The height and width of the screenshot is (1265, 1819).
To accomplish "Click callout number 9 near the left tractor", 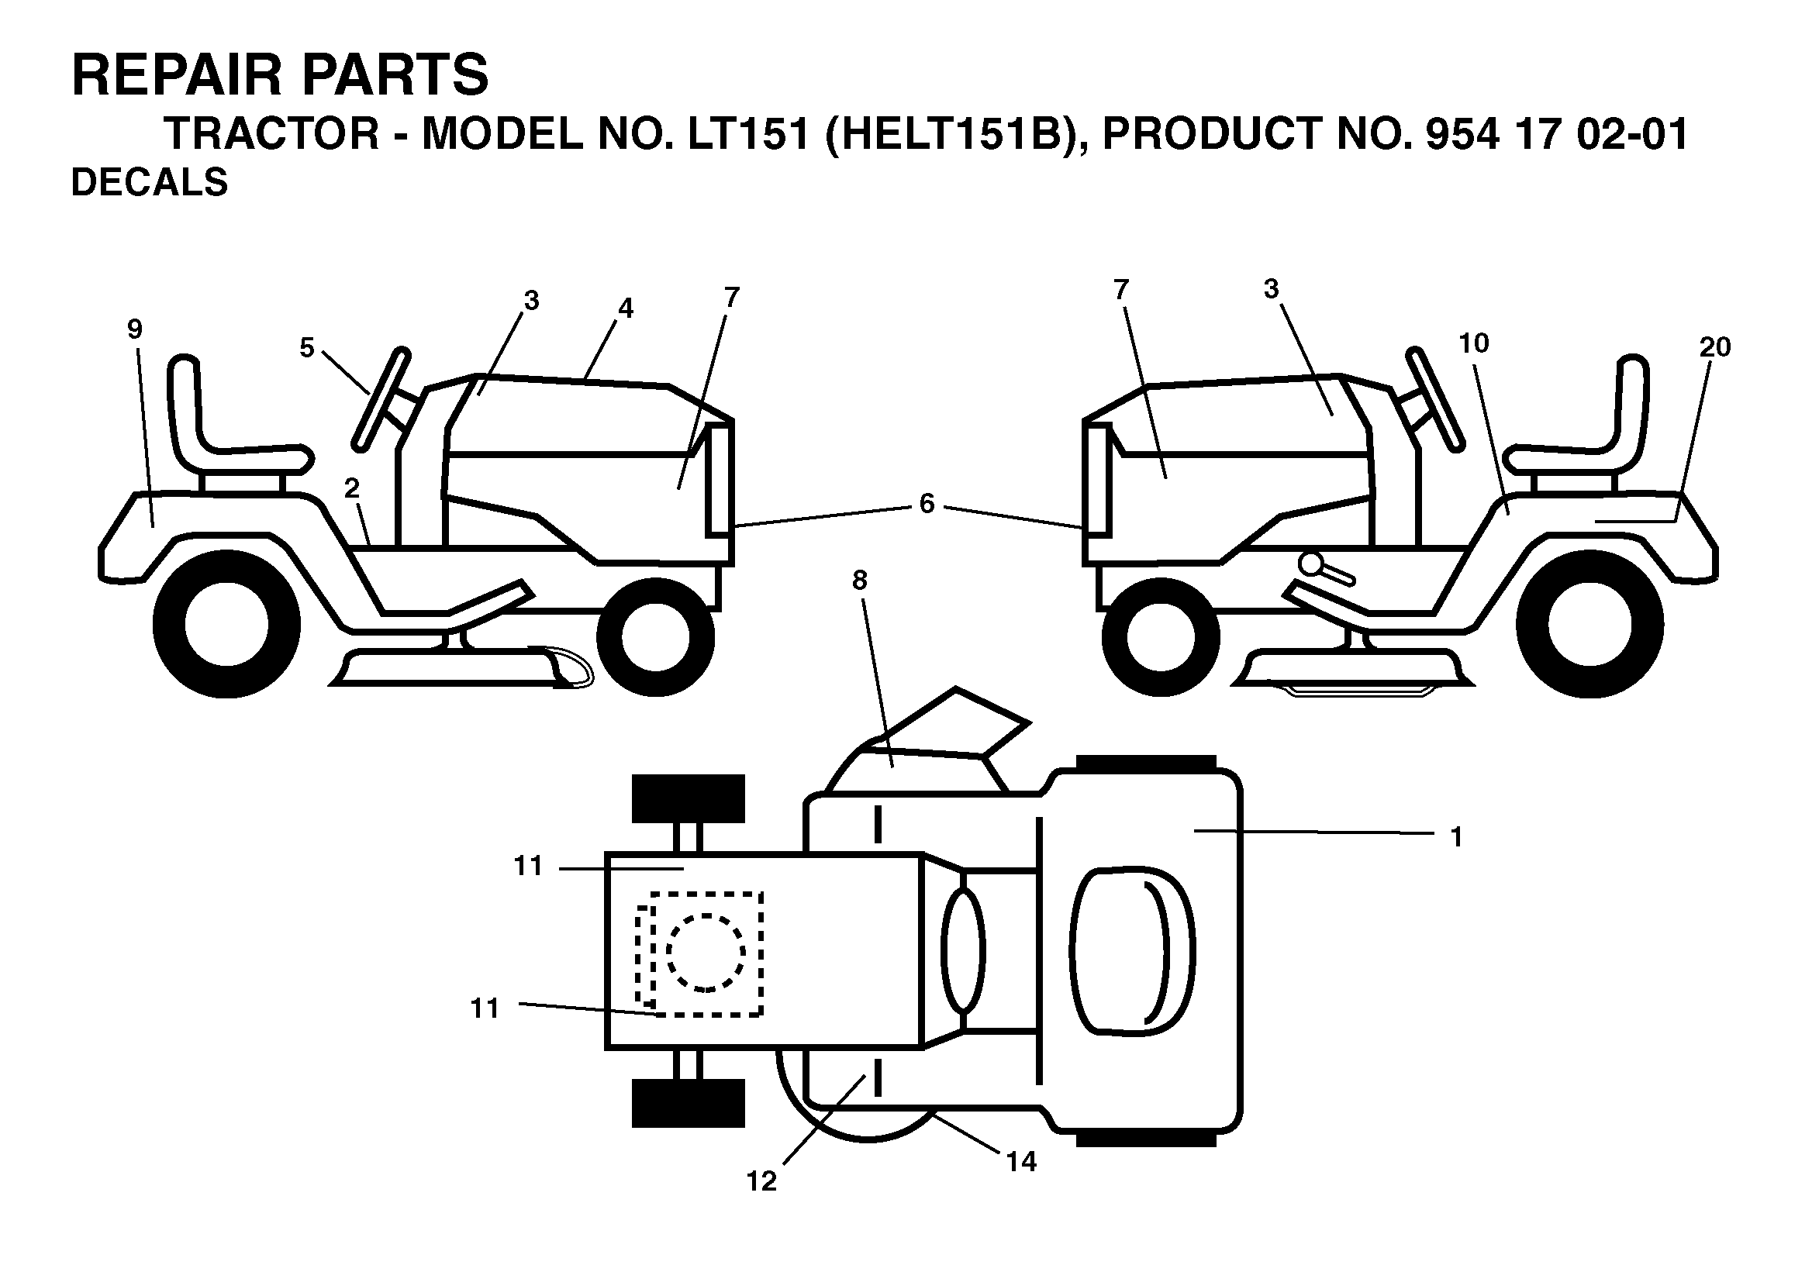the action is click(x=135, y=329).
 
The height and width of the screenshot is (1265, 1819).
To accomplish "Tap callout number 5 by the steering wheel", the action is click(x=306, y=348).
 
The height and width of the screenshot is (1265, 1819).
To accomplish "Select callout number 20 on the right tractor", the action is click(x=1714, y=347).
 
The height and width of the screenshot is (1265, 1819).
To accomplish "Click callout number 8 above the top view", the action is click(x=860, y=581).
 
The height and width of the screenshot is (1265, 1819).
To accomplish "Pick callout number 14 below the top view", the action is click(x=1021, y=1162).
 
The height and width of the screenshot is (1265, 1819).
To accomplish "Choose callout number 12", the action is click(x=761, y=1182).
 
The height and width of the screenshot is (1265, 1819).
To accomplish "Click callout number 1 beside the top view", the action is click(x=1455, y=837).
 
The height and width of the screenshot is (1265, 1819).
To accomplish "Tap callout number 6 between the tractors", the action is click(x=927, y=504).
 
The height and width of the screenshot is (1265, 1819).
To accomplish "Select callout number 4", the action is click(x=626, y=308).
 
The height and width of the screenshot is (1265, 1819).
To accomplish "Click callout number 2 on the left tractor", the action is click(x=352, y=488).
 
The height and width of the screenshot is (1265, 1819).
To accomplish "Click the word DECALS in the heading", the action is click(x=150, y=182).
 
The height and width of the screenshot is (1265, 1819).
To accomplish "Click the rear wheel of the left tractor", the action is click(x=226, y=624).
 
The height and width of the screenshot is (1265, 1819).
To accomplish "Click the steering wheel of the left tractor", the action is click(x=381, y=398).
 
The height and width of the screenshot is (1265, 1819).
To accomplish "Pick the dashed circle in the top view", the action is click(x=706, y=953).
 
